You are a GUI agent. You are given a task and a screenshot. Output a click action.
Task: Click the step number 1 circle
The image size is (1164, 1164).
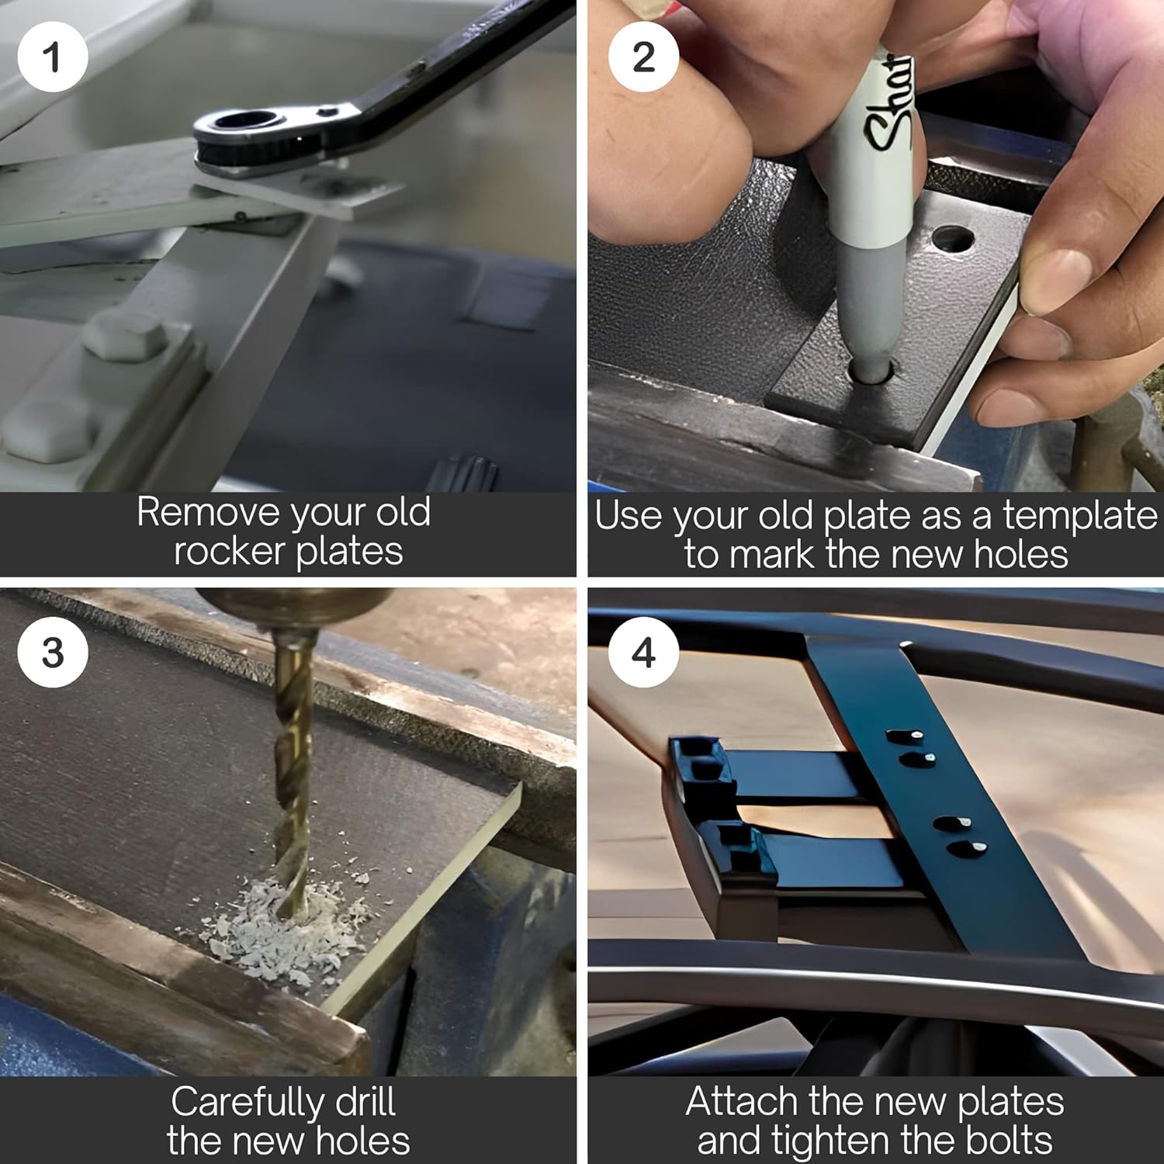click(x=52, y=57)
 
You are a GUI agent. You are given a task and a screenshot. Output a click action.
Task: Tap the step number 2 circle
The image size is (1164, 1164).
click(x=643, y=57)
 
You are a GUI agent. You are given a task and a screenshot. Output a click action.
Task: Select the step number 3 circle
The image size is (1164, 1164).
click(x=52, y=652)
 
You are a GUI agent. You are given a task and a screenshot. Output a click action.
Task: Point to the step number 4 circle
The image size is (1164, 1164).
click(x=643, y=652)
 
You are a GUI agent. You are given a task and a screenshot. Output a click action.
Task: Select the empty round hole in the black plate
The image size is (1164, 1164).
click(x=952, y=238)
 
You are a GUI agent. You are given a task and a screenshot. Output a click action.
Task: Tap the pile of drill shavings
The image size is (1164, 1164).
click(x=283, y=927)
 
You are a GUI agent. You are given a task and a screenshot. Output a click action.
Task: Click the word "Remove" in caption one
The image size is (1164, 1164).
click(x=208, y=512)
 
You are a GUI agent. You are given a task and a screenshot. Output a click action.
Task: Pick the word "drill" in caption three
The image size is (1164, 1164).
click(x=365, y=1102)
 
